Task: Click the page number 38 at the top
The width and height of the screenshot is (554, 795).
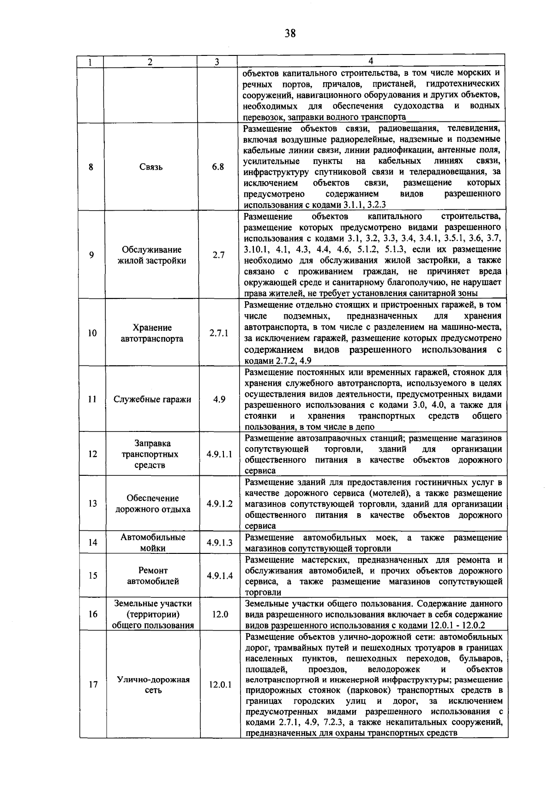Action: (290, 33)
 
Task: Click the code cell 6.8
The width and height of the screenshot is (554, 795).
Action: (218, 167)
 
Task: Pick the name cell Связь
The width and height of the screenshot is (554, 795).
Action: (151, 167)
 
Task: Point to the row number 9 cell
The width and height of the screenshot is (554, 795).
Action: (91, 255)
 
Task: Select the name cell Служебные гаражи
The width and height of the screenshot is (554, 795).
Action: (152, 400)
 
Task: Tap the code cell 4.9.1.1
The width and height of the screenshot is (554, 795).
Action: (219, 454)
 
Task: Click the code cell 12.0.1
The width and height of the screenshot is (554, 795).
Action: (220, 685)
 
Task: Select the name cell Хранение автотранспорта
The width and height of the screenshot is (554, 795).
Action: (152, 333)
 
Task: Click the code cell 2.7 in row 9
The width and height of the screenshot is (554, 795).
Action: (218, 255)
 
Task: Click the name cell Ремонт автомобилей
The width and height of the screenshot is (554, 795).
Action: (153, 576)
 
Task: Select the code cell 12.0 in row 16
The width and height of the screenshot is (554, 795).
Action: (220, 614)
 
